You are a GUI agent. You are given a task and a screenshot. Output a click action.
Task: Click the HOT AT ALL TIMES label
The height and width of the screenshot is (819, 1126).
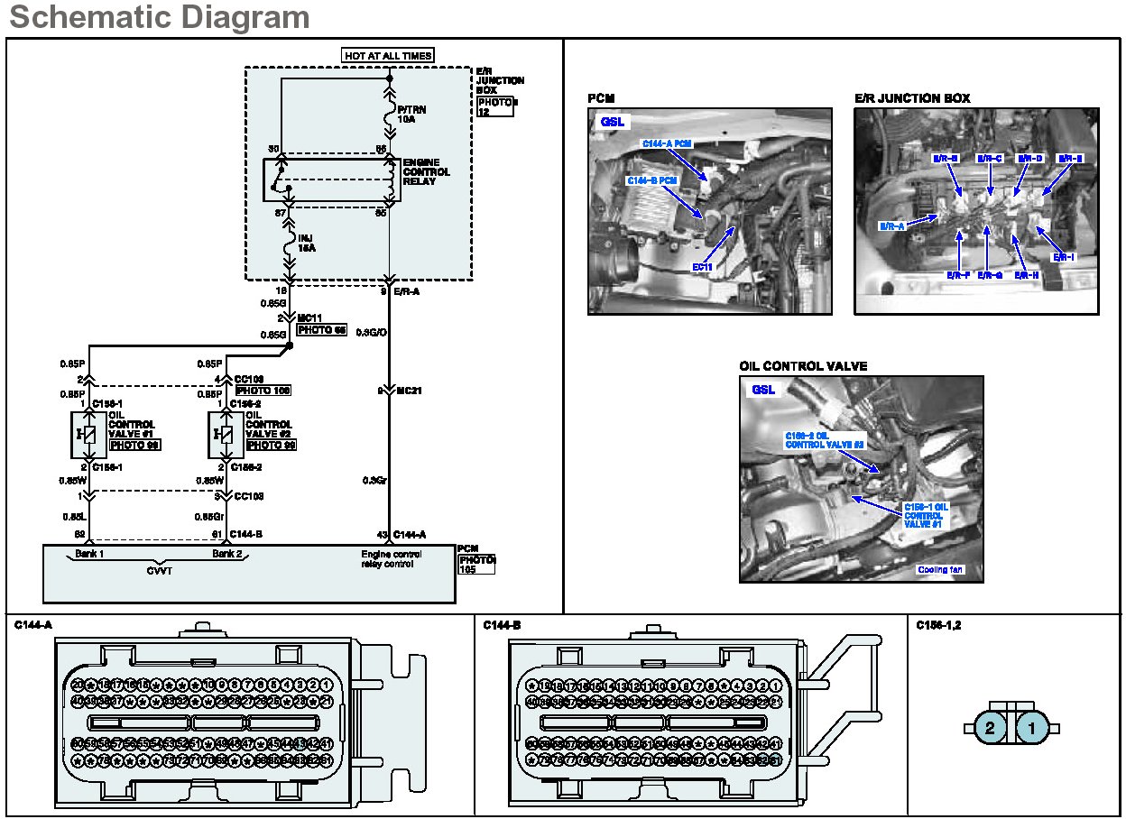tap(388, 56)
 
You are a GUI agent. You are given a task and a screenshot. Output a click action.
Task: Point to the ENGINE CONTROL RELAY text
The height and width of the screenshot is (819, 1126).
tap(426, 171)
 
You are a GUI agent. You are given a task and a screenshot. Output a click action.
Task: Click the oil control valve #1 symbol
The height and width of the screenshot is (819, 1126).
tap(88, 435)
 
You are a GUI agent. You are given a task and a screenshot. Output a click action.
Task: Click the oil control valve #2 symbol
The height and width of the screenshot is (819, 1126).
tap(226, 435)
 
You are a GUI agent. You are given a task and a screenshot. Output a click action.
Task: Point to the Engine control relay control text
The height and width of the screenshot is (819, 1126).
tap(392, 559)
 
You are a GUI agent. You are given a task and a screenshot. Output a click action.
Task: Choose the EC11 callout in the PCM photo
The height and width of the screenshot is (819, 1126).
tap(702, 268)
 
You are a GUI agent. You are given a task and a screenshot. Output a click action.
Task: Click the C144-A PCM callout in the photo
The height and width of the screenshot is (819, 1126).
tap(668, 143)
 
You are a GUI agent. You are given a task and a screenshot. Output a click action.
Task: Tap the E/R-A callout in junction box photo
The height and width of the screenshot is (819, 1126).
tap(892, 226)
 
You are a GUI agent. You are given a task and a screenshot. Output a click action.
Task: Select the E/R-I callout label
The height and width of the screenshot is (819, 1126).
tap(1065, 257)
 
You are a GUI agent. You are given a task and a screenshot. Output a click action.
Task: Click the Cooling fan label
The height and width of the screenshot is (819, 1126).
tap(939, 569)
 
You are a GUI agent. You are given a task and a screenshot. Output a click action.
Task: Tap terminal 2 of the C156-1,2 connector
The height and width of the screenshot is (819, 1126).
tap(990, 727)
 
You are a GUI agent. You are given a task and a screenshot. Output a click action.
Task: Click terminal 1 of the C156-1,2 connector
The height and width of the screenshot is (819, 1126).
tap(1033, 727)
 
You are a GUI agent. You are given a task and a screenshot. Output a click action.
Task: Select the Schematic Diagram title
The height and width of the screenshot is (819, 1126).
tap(159, 16)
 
